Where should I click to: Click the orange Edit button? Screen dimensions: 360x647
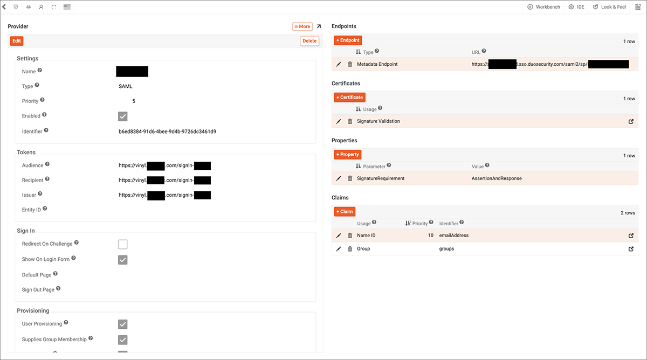(17, 41)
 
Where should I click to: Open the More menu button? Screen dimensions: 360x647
(302, 26)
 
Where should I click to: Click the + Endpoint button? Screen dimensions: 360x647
(347, 40)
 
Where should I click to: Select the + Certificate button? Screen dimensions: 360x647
(349, 98)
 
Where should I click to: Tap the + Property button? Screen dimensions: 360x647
(347, 155)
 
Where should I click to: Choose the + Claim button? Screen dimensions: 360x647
(345, 212)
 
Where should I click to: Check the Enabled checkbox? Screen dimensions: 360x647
(123, 116)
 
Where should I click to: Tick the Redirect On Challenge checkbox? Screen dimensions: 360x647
(123, 245)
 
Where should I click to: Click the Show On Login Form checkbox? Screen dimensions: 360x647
(123, 260)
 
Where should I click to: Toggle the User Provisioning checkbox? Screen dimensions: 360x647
(123, 324)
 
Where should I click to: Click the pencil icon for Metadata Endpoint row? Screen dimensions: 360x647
(339, 65)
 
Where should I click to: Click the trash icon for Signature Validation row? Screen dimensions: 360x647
(350, 122)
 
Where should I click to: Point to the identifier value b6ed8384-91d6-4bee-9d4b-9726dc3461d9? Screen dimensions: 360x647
(167, 131)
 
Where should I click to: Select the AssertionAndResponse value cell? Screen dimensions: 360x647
(497, 178)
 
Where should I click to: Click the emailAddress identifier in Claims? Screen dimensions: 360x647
(454, 236)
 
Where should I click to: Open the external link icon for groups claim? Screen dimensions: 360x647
(631, 249)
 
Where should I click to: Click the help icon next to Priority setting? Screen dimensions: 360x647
(43, 100)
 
